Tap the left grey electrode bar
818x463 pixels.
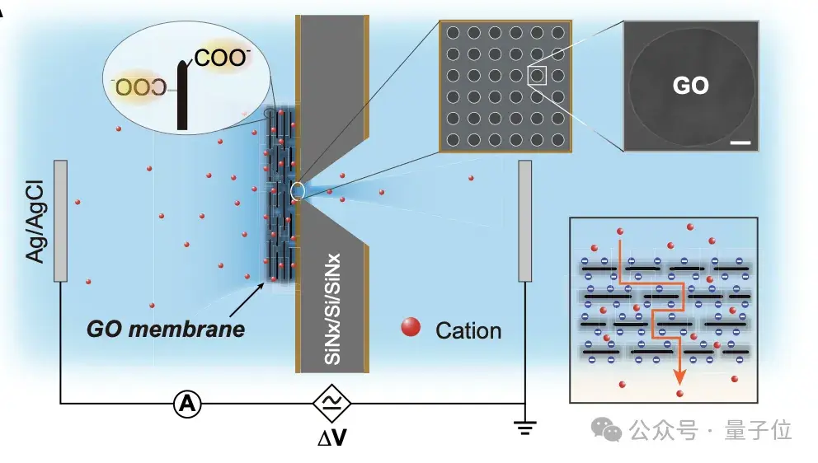(x=60, y=220)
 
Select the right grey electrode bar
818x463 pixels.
(x=524, y=220)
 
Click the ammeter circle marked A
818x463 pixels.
(x=187, y=403)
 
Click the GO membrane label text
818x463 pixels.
(x=165, y=330)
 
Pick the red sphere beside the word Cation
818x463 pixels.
(x=410, y=328)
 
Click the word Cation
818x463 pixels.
(x=468, y=330)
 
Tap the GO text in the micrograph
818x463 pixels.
(x=690, y=85)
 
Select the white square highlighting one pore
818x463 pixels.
(x=537, y=76)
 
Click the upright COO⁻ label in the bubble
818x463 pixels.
(x=223, y=58)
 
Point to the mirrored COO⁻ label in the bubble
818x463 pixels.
(x=141, y=86)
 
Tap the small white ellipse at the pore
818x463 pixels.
(x=297, y=191)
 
